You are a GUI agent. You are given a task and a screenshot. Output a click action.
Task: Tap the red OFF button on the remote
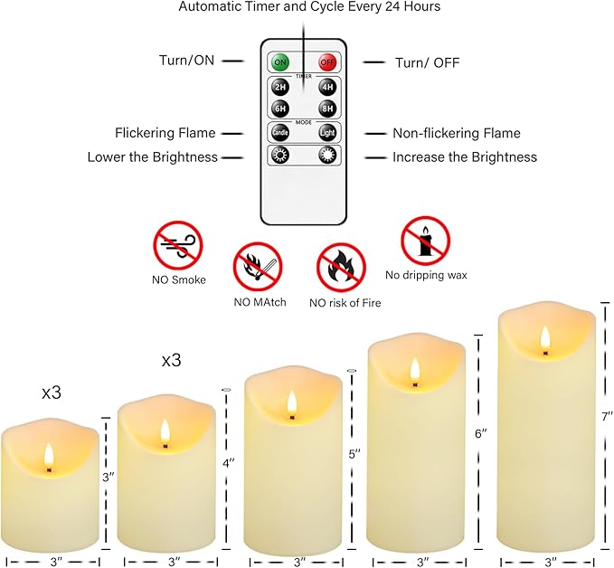[x=327, y=63]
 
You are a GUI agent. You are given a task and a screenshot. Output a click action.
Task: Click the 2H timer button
[x=280, y=89]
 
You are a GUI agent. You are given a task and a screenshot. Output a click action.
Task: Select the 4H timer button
[x=327, y=89]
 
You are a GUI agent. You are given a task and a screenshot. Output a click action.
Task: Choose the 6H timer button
[x=280, y=108]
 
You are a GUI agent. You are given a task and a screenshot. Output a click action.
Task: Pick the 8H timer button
[x=327, y=108]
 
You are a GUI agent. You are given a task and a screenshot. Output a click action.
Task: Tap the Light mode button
[x=327, y=133]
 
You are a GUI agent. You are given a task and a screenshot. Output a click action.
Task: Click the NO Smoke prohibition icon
[x=177, y=245]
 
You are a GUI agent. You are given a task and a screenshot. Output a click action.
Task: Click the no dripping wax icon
[x=426, y=240]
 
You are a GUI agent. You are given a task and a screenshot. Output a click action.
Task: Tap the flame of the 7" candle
[x=544, y=337]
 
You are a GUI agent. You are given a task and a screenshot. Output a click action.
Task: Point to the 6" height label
[x=481, y=433]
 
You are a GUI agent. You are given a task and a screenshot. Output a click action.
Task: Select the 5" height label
[x=354, y=452]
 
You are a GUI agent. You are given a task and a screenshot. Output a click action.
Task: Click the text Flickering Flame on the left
[x=165, y=133]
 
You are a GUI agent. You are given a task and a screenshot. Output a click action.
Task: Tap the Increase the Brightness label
[x=464, y=156]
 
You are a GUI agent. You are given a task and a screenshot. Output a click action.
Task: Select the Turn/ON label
[x=185, y=61]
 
